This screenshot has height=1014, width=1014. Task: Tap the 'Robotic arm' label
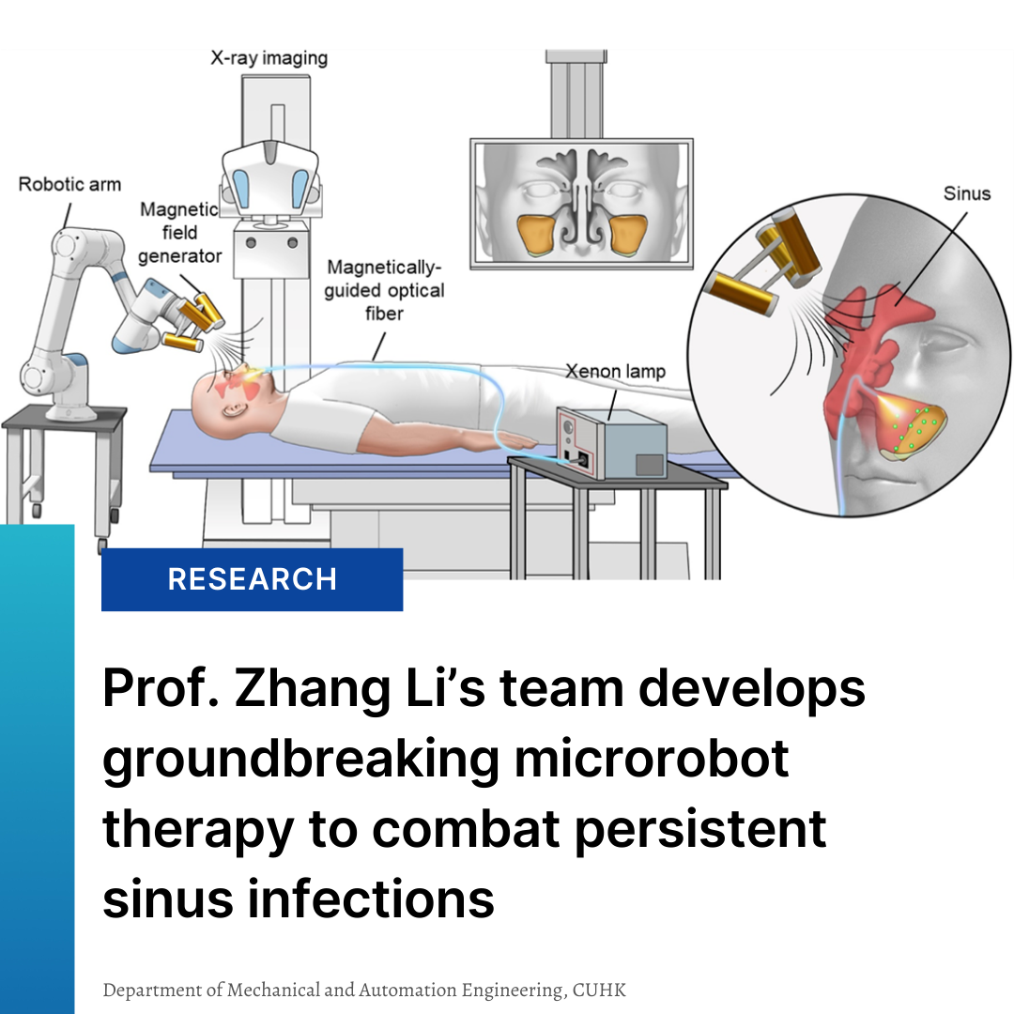point(69,184)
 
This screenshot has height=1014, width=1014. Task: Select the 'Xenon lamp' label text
point(615,371)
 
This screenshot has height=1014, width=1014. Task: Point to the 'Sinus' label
point(966,194)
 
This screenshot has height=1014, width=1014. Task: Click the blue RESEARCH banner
point(252,579)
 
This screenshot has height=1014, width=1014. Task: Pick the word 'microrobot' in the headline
point(652,759)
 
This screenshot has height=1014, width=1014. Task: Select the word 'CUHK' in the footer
point(599,991)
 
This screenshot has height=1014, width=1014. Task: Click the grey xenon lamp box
point(611,443)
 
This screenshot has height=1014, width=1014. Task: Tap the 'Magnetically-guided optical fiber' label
point(384,290)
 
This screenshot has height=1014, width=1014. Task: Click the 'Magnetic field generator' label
point(179,232)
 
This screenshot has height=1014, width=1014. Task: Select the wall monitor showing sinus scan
point(581,204)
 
